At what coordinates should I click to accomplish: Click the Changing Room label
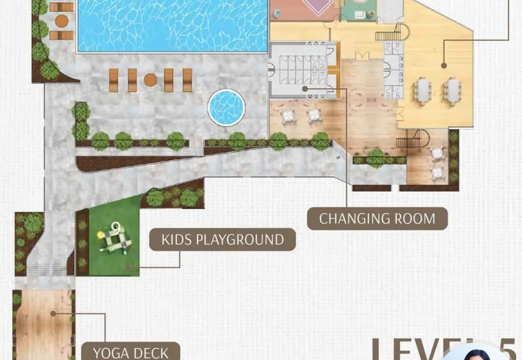[x=377, y=218]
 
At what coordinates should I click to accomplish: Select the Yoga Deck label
[x=130, y=353]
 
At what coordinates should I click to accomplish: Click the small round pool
[x=226, y=107]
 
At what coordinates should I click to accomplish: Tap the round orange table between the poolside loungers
[x=150, y=80]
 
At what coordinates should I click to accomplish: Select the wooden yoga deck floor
[x=42, y=323]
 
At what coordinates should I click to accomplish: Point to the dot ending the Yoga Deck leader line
[x=54, y=313]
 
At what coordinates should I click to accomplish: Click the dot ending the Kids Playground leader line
[x=129, y=267]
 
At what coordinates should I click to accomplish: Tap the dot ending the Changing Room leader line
[x=305, y=87]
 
